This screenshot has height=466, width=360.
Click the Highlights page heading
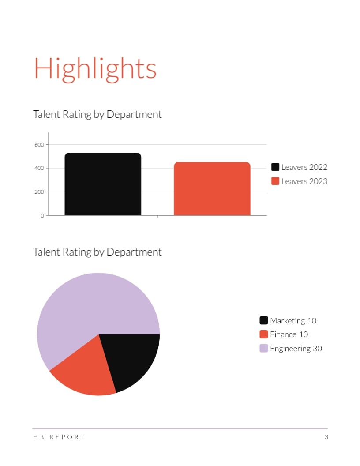pyautogui.click(x=95, y=69)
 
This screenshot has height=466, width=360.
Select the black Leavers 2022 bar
pyautogui.click(x=103, y=184)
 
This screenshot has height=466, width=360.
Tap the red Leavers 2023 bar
pyautogui.click(x=212, y=189)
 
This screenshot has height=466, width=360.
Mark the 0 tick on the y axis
pyautogui.click(x=42, y=216)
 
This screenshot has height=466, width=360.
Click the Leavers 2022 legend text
pyautogui.click(x=304, y=167)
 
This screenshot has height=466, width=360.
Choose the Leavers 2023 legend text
pyautogui.click(x=304, y=181)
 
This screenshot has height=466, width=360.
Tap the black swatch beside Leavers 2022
pyautogui.click(x=275, y=167)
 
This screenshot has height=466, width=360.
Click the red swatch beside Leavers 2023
pyautogui.click(x=275, y=181)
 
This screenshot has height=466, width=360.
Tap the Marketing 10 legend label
pyautogui.click(x=293, y=321)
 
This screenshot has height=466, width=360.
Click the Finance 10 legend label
pyautogui.click(x=289, y=334)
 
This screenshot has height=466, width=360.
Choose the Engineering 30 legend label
pyautogui.click(x=296, y=349)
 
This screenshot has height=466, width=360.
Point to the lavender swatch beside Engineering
pyautogui.click(x=264, y=348)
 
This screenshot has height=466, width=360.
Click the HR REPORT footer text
pyautogui.click(x=59, y=437)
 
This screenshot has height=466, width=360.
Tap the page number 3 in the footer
pyautogui.click(x=326, y=437)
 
